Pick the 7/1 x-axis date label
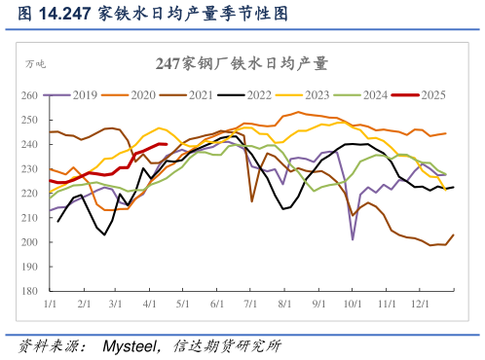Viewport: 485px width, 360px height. point(250,305)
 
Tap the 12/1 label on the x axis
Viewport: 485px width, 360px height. point(422,305)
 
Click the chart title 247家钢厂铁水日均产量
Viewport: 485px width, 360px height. point(242,64)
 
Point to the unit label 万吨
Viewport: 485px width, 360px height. point(35,64)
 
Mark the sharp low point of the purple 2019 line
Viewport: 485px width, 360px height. point(353,238)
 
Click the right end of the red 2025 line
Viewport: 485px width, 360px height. point(167,144)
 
